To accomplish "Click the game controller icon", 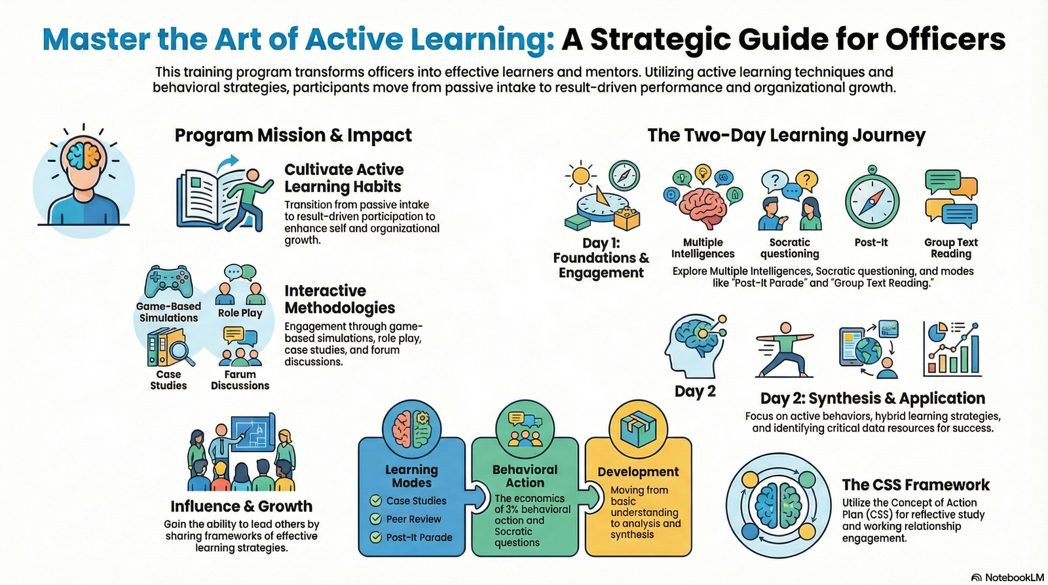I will (168, 282).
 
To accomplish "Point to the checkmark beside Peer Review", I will (376, 519).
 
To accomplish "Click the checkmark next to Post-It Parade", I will (376, 537).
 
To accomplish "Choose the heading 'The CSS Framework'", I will (916, 485).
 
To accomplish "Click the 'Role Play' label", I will (240, 313).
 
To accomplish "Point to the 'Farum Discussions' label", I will (240, 380).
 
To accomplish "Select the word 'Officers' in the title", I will (945, 39).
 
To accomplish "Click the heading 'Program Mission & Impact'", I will (293, 135).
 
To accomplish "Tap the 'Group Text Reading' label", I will (951, 248).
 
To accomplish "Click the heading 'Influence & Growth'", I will (241, 506).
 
